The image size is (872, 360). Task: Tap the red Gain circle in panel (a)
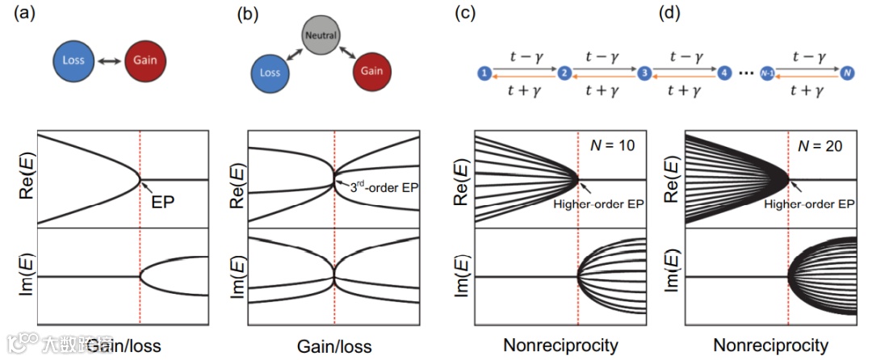147,61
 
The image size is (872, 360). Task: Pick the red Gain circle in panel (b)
372,72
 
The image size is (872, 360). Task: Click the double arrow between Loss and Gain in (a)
109,61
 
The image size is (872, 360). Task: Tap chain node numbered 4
724,73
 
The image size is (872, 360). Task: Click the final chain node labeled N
846,73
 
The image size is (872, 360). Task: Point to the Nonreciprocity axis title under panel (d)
770,346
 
